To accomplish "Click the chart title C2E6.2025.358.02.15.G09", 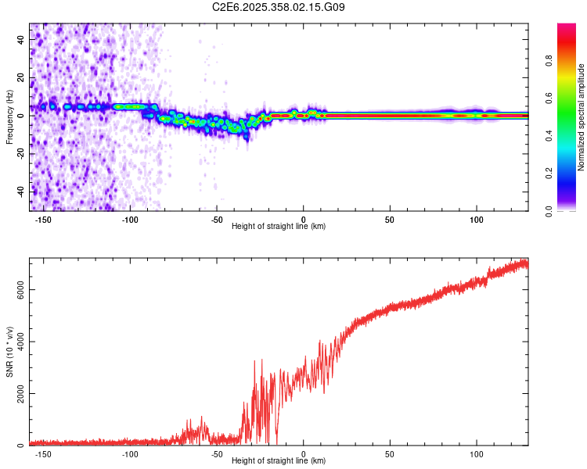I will (279, 8).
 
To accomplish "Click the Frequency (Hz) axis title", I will (9, 116).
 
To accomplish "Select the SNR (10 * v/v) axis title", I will (9, 351).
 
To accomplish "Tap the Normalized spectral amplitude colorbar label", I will (581, 117).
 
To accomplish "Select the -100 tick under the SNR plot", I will (130, 453).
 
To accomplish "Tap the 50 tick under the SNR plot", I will (389, 453).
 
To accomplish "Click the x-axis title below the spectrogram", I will (279, 226).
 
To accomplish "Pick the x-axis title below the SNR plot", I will (279, 460).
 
